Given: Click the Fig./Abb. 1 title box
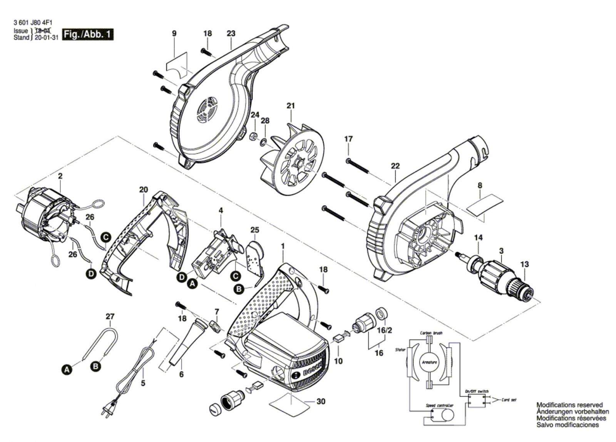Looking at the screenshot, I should click(x=88, y=34).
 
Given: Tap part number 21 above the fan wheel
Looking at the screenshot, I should click(x=291, y=106).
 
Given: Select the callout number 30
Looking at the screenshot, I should click(x=321, y=402).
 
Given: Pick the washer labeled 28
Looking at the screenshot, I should click(x=263, y=142).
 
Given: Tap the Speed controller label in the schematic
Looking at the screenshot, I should click(x=439, y=405).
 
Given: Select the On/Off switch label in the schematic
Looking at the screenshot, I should click(x=476, y=391).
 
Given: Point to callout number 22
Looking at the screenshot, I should click(x=395, y=166).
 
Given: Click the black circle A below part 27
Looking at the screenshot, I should click(x=67, y=370).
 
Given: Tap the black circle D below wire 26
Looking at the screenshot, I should click(x=91, y=275).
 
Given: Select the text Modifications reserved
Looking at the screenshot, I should click(x=569, y=405).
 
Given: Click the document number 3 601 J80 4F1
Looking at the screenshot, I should click(x=33, y=23).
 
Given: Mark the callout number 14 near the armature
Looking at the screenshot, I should click(x=478, y=238).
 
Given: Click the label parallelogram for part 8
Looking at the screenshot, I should click(x=485, y=204).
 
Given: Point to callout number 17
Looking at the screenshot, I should click(x=348, y=139).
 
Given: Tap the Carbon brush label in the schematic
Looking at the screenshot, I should click(x=431, y=333).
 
